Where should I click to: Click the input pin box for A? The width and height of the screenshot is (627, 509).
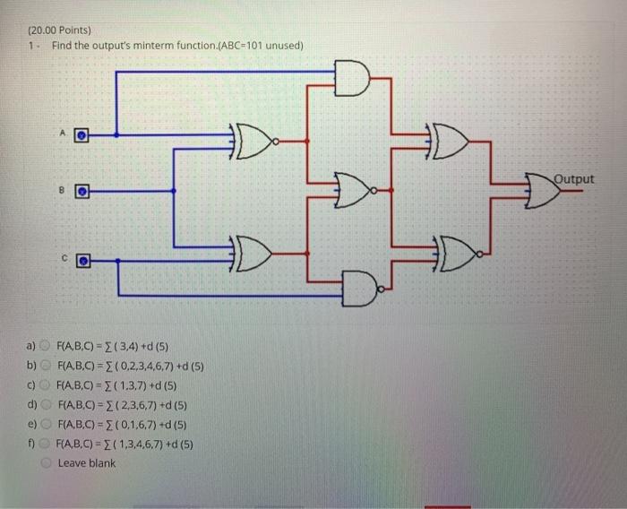pyautogui.click(x=82, y=136)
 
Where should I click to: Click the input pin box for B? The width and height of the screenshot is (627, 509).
pyautogui.click(x=82, y=191)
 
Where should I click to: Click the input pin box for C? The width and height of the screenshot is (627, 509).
pyautogui.click(x=82, y=260)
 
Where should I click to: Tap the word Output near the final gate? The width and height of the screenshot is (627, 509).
pyautogui.click(x=572, y=178)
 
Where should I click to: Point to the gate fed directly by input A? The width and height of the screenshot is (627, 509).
pyautogui.click(x=256, y=141)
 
